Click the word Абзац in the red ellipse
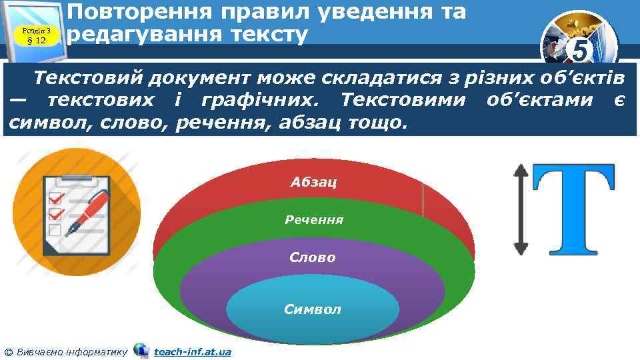[x=313, y=181]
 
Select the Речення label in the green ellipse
[x=313, y=219]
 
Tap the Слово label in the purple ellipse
[x=313, y=257]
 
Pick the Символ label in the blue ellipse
[x=312, y=309]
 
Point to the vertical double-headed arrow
[x=521, y=210]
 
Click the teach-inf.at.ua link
[x=192, y=351]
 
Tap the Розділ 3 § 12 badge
[x=37, y=32]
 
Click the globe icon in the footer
[x=141, y=350]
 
